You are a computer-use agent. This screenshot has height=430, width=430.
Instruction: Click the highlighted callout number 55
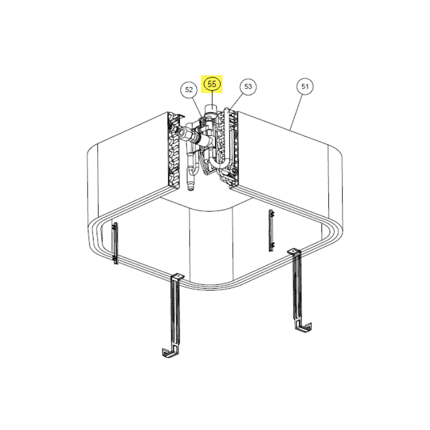click(212, 84)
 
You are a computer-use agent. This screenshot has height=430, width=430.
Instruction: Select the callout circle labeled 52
click(189, 89)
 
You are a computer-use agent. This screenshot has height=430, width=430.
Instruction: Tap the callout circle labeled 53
click(248, 87)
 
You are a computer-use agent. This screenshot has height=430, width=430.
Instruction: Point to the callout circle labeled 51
click(305, 87)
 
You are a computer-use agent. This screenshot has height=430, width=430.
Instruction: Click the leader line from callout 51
click(297, 112)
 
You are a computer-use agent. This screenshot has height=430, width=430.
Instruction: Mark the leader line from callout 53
click(236, 101)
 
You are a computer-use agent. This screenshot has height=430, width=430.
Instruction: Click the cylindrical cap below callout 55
click(211, 109)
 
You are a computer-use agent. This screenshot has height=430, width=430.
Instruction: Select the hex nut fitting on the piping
click(183, 132)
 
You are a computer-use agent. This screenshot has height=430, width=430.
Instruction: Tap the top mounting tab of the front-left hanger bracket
click(178, 277)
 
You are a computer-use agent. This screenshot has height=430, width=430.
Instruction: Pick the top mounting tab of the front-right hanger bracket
click(294, 252)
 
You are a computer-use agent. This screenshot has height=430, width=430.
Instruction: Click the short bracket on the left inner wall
click(116, 243)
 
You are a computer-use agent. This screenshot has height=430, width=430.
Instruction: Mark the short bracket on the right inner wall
click(271, 231)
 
